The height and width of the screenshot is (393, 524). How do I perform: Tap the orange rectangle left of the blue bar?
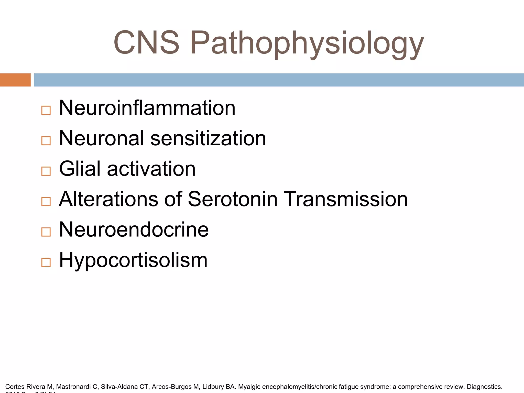(15, 80)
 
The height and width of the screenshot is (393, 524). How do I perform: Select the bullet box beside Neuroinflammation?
(46, 110)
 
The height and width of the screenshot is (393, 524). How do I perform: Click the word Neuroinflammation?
(147, 108)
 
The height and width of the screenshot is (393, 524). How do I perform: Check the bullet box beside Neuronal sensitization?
(46, 141)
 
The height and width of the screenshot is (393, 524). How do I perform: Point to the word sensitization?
(208, 138)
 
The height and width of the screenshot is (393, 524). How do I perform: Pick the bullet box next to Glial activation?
(46, 171)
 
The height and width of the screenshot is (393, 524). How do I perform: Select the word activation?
(151, 169)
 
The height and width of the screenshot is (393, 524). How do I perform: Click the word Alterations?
(108, 199)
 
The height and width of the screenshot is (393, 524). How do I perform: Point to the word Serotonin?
(233, 199)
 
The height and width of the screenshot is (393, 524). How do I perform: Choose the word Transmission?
(346, 199)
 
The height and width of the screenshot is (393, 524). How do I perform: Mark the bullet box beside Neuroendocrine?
(46, 232)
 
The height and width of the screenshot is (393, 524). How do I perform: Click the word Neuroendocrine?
(134, 230)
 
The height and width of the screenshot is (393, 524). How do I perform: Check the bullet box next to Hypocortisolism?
(46, 263)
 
